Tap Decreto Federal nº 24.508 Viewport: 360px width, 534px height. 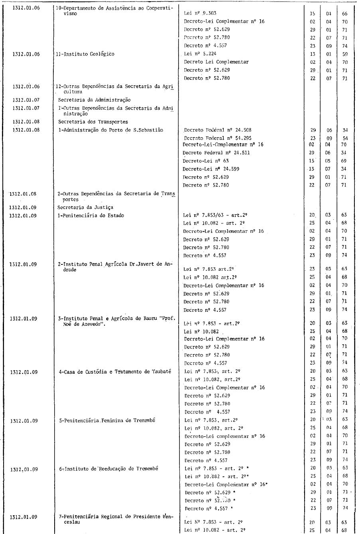pyautogui.click(x=218, y=130)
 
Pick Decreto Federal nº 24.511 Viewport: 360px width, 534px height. pyautogui.click(x=216, y=153)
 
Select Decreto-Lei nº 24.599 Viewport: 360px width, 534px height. pyautogui.click(x=211, y=169)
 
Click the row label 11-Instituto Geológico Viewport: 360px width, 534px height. pyautogui.click(x=86, y=54)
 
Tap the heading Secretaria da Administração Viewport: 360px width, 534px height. pyautogui.click(x=94, y=100)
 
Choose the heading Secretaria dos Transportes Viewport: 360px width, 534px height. pyautogui.click(x=93, y=122)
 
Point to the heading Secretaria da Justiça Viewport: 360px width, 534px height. pyautogui.click(x=85, y=207)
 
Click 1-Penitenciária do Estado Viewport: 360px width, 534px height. pyautogui.click(x=91, y=215)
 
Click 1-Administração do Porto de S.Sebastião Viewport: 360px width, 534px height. pyautogui.click(x=110, y=130)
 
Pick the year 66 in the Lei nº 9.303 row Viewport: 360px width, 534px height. pyautogui.click(x=344, y=14)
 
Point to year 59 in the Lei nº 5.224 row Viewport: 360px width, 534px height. pyautogui.click(x=344, y=54)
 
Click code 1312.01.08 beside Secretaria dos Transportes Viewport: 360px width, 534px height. pyautogui.click(x=26, y=122)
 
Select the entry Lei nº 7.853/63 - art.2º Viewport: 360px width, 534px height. pyautogui.click(x=214, y=215)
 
